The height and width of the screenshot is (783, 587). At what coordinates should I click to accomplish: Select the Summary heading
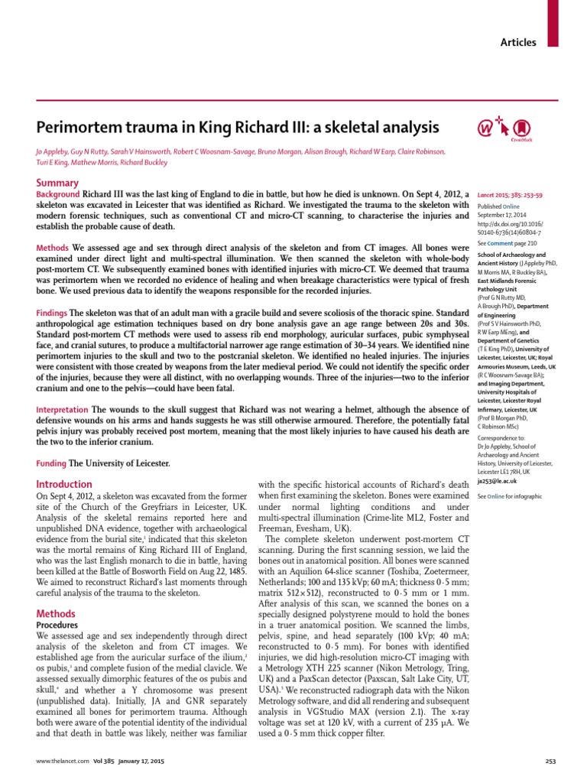tap(57, 183)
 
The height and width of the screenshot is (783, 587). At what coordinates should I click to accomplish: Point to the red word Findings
tap(52, 314)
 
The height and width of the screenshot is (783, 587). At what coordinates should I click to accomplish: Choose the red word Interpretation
tap(63, 411)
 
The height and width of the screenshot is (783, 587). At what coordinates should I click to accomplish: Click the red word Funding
tap(51, 464)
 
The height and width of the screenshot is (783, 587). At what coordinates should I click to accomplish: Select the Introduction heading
tap(64, 484)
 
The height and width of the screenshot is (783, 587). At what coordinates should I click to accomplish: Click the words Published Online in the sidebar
tap(499, 206)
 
